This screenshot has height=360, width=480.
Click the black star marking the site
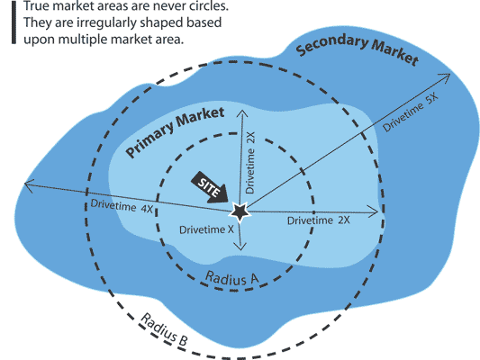point(240,211)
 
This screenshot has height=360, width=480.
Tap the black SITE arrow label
point(210,187)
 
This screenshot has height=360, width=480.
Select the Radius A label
point(231,278)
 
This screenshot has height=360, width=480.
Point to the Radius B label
point(164,329)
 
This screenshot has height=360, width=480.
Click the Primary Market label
point(175,132)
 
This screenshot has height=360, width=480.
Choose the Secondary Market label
point(358,49)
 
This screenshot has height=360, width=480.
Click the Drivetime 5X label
point(411,112)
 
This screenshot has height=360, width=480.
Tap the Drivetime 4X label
point(122,206)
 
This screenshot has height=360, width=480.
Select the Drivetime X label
point(206,229)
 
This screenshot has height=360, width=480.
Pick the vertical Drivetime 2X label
point(249,163)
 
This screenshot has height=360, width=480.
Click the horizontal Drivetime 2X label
point(319,220)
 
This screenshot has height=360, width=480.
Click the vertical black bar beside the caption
point(14,22)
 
